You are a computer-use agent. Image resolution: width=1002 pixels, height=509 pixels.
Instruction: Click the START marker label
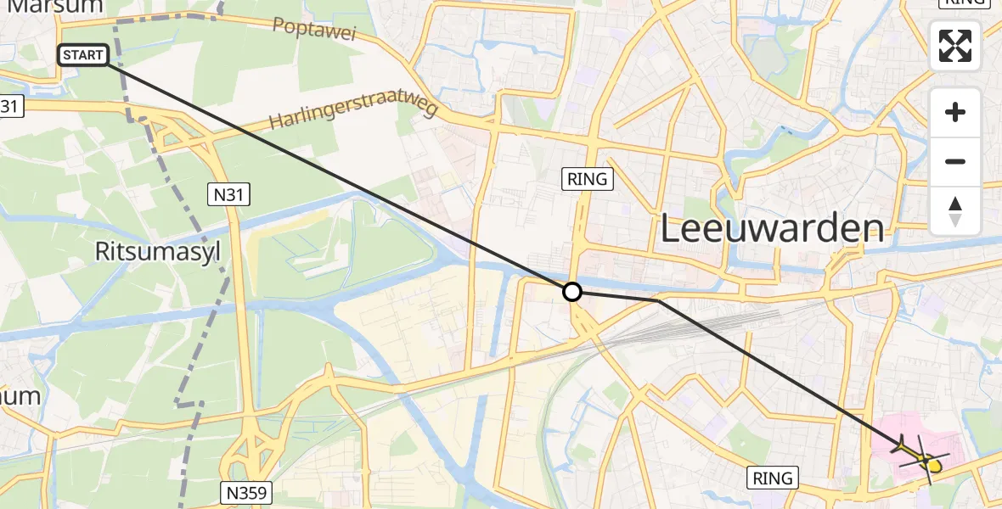click(x=83, y=56)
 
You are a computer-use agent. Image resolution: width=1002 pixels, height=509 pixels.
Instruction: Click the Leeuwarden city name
click(x=771, y=229)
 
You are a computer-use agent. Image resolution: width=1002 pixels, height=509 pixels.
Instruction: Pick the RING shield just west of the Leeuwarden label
click(x=587, y=178)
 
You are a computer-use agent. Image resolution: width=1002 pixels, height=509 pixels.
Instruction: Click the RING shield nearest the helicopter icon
click(x=773, y=478)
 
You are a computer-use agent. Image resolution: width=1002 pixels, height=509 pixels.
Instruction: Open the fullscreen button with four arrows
click(x=955, y=46)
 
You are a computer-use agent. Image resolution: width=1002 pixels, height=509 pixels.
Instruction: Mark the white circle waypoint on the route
click(x=572, y=292)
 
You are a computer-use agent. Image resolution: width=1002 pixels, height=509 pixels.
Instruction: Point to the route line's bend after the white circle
click(x=659, y=300)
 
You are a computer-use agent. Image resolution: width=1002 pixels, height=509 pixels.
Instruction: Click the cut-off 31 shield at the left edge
click(x=10, y=106)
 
